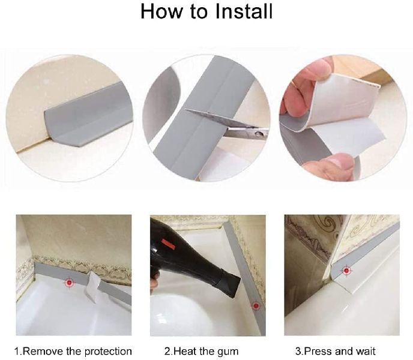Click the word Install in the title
click(244, 11)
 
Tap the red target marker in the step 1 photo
click(70, 283)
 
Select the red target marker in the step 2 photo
click(255, 306)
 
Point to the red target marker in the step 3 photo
click(346, 271)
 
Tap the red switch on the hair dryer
click(168, 244)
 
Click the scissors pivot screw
click(260, 134)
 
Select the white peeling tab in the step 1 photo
click(92, 287)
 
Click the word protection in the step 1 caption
click(108, 352)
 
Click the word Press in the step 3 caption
click(318, 352)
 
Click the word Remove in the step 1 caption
click(43, 352)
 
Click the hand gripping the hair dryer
click(155, 283)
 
